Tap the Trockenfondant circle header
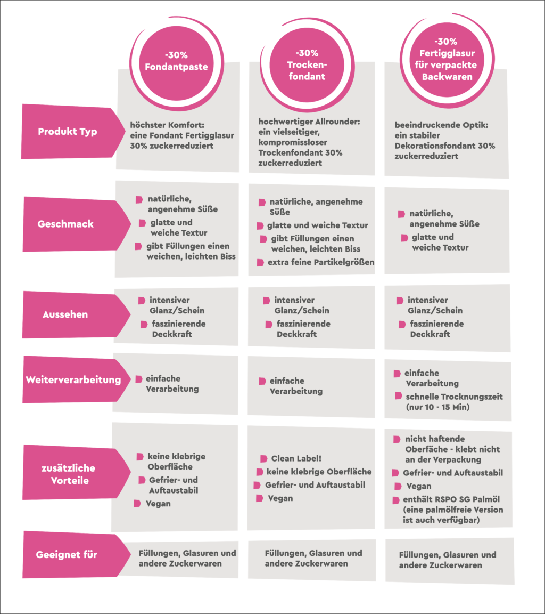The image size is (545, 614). coord(307,64)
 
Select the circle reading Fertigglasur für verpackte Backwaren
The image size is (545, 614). coord(447,60)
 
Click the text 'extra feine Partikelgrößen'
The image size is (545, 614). coord(320,262)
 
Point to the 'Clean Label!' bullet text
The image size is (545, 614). coord(296,458)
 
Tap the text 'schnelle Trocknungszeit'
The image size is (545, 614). coord(455,397)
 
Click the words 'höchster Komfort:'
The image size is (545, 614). coord(167,125)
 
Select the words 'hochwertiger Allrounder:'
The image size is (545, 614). coord(309,122)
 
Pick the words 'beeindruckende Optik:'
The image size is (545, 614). coord(441,125)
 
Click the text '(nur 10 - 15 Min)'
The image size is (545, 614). coord(437,407)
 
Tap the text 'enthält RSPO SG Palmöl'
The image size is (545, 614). coord(451,499)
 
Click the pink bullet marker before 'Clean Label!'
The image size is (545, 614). coord(264,458)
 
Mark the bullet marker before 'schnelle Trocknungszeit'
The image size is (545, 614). coord(399,396)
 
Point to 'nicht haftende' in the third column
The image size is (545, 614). coord(435,439)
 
